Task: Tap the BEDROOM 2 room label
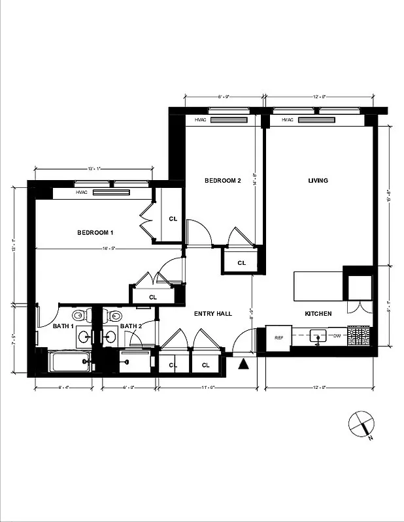[223, 181]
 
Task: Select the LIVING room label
[318, 181]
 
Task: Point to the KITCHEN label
[318, 314]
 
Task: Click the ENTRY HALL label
[213, 314]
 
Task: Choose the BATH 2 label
[131, 326]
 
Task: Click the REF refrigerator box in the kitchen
[278, 337]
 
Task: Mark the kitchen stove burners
[359, 336]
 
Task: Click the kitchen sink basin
[318, 337]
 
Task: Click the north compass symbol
[361, 425]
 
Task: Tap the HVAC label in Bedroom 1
[82, 192]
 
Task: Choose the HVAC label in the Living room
[287, 120]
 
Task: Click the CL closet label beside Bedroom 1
[173, 219]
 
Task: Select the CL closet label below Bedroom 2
[241, 263]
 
